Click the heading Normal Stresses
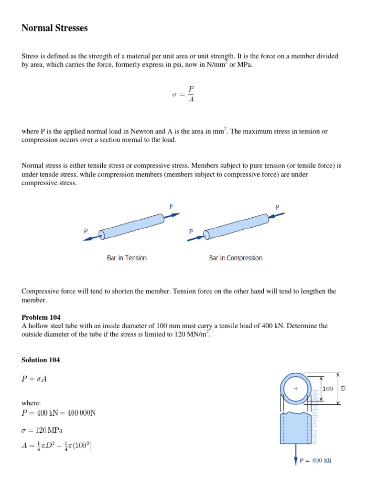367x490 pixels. pos(54,28)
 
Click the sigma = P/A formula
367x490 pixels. pos(183,94)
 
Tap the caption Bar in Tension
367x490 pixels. pos(127,258)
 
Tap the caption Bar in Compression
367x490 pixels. pos(236,258)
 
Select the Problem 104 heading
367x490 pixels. pos(41,317)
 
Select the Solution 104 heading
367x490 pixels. pos(41,360)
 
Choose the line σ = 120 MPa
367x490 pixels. pos(43,430)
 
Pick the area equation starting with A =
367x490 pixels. pos(57,447)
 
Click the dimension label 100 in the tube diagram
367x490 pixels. pos(327,389)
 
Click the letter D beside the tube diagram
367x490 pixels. pos(343,389)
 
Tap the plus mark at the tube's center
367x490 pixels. pos(296,389)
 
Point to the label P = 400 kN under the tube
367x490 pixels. pos(315,461)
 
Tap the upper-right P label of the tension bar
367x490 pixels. pos(172,206)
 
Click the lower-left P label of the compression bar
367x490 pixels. pos(191,232)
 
